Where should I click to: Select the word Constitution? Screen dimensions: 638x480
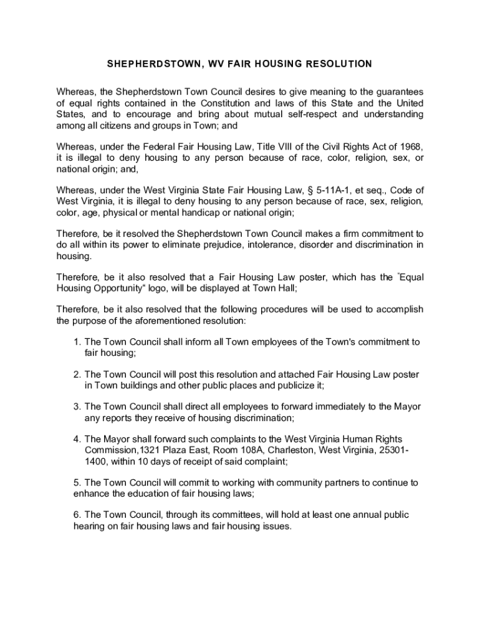pos(256,103)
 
